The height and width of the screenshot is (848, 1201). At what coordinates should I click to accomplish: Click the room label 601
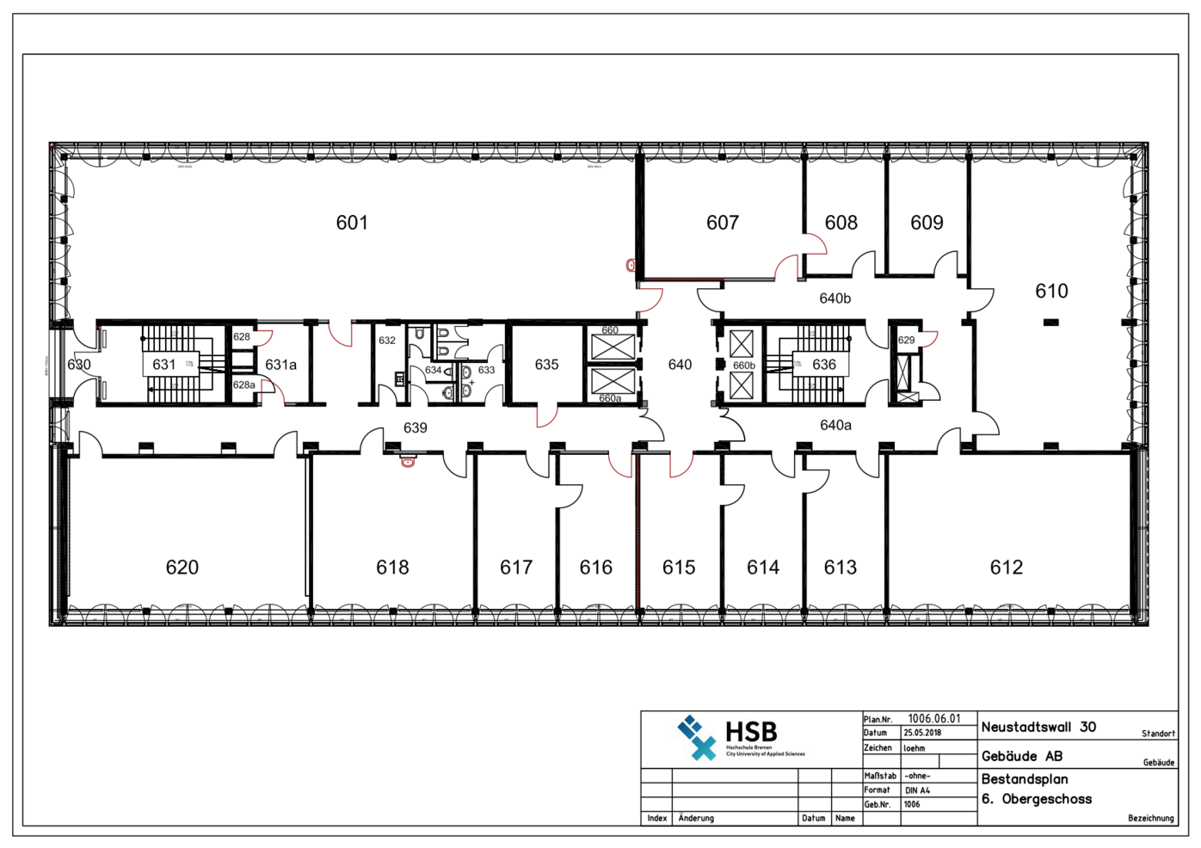pyautogui.click(x=352, y=223)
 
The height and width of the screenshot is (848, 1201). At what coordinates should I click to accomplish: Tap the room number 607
pyautogui.click(x=723, y=223)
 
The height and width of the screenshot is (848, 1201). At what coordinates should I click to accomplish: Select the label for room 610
pyautogui.click(x=1051, y=292)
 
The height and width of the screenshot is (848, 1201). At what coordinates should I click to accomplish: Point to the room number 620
pyautogui.click(x=182, y=568)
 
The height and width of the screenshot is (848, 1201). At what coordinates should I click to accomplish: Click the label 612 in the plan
pyautogui.click(x=1006, y=568)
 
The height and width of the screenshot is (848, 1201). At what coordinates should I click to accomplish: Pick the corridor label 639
pyautogui.click(x=416, y=427)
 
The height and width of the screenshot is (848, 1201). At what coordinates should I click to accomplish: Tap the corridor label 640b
pyautogui.click(x=835, y=298)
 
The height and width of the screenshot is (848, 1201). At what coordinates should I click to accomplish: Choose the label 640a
pyautogui.click(x=835, y=425)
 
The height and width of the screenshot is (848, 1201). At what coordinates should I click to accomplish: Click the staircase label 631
pyautogui.click(x=164, y=365)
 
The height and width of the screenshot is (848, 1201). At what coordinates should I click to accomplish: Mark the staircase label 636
pyautogui.click(x=824, y=365)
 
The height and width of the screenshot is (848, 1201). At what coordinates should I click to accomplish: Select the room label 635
pyautogui.click(x=546, y=365)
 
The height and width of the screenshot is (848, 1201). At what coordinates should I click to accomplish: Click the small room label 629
pyautogui.click(x=906, y=340)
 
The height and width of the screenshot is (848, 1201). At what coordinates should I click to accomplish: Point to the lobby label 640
pyautogui.click(x=680, y=365)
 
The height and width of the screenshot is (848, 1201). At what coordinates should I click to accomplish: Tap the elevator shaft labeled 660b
pyautogui.click(x=743, y=366)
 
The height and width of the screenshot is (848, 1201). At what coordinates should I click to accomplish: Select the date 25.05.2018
pyautogui.click(x=921, y=734)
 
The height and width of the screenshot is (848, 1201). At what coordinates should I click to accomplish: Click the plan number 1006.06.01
pyautogui.click(x=933, y=719)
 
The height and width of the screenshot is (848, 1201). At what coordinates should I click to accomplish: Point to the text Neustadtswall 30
pyautogui.click(x=1038, y=728)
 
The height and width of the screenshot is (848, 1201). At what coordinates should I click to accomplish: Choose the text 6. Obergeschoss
pyautogui.click(x=1037, y=799)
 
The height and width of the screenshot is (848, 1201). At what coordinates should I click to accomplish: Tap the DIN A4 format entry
pyautogui.click(x=917, y=790)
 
